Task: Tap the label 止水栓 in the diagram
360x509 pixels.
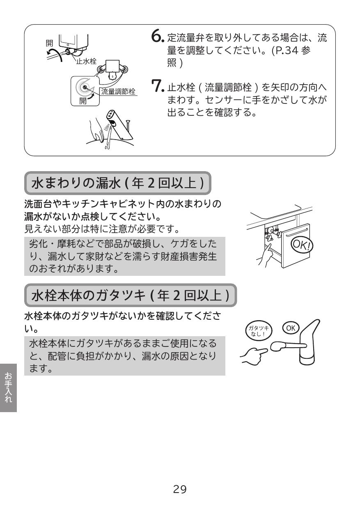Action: [x=86, y=61]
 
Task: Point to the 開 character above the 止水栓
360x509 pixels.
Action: [x=49, y=42]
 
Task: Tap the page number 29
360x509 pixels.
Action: [x=180, y=489]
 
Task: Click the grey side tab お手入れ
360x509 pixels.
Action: [x=8, y=387]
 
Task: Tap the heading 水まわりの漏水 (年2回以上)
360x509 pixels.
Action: [x=118, y=183]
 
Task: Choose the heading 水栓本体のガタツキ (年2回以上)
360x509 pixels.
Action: [x=131, y=295]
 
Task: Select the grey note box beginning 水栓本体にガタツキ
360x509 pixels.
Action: [x=125, y=355]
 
